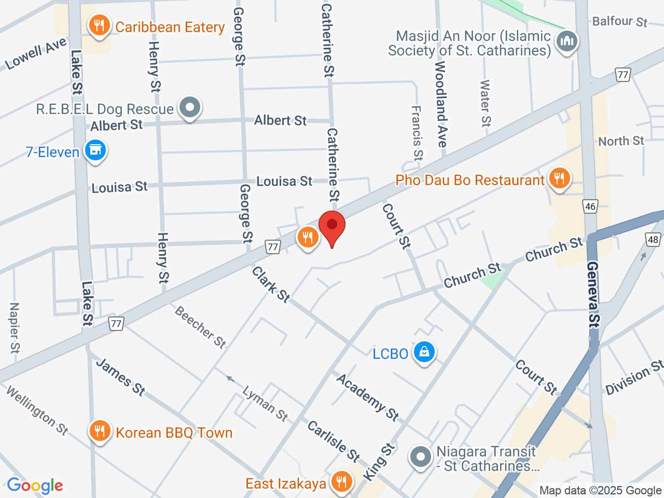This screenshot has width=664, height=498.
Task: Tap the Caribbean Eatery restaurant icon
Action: [x=99, y=25]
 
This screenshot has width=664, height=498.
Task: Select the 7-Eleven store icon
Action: [x=95, y=150]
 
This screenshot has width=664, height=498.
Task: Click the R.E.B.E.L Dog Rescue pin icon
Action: [x=190, y=108]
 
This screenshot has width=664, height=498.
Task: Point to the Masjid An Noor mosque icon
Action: [x=566, y=41]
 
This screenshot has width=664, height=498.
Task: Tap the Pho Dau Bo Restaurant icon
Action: [x=559, y=178]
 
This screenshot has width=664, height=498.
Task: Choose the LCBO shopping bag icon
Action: [x=424, y=352]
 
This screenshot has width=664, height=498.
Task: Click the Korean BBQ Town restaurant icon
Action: [x=99, y=431]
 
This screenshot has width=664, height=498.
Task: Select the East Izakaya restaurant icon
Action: [x=341, y=482]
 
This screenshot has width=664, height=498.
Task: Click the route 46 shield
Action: [x=590, y=206]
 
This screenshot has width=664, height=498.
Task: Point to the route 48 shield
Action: [x=653, y=240]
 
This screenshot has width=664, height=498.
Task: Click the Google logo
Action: [x=35, y=486]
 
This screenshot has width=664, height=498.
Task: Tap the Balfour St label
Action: [x=619, y=21]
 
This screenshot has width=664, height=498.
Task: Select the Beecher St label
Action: [x=200, y=327]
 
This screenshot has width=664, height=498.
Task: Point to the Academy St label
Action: [x=368, y=397]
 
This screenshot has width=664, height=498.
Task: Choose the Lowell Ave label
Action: [x=36, y=54]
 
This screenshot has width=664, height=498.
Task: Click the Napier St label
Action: [x=15, y=328]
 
